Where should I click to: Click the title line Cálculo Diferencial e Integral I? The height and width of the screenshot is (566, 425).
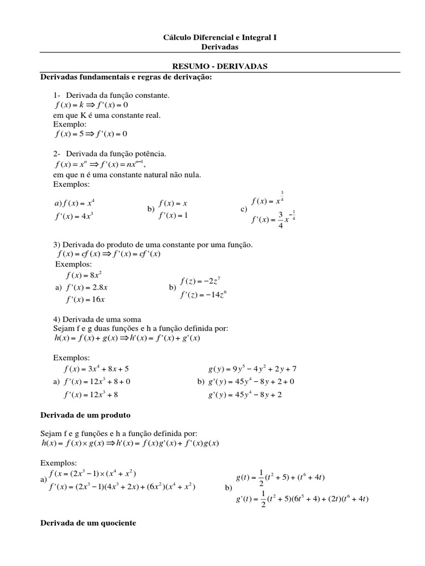pos(220,38)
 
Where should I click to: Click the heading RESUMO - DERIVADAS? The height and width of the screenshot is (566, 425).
pos(220,66)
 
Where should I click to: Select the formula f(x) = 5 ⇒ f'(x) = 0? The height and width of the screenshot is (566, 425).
pos(91,134)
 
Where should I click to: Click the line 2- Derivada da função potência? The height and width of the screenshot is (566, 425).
pos(110,153)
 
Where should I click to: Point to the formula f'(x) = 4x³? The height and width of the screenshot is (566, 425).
pos(73,216)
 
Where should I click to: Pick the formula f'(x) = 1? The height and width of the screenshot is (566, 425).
pos(173,216)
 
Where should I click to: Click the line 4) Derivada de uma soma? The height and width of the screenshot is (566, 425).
pos(97,319)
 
